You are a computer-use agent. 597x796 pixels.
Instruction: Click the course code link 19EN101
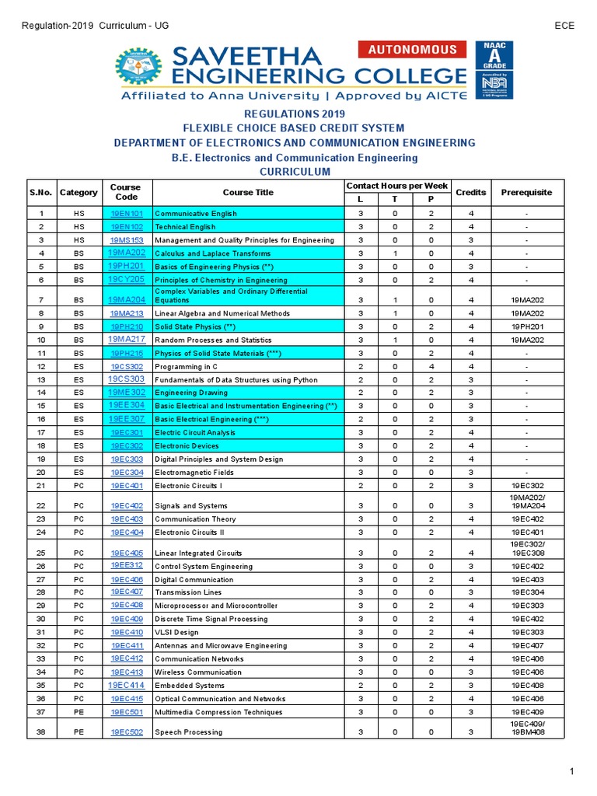[x=127, y=213]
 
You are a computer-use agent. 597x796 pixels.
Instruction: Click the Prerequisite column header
[x=526, y=192]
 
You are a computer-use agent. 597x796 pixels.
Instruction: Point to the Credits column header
[x=470, y=192]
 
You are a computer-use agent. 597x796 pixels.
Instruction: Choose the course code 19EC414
[x=127, y=685]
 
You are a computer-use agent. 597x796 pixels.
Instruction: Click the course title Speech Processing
[x=188, y=732]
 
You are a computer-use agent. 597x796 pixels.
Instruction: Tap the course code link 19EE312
[x=127, y=565]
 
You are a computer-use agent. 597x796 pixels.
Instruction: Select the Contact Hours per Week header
[x=396, y=186]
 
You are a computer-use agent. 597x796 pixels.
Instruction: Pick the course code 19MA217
[x=127, y=339]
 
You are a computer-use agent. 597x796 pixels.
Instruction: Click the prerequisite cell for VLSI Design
[x=526, y=632]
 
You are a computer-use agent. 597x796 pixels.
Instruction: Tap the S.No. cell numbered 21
[x=41, y=485]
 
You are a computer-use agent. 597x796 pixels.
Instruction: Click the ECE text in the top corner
[x=564, y=26]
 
